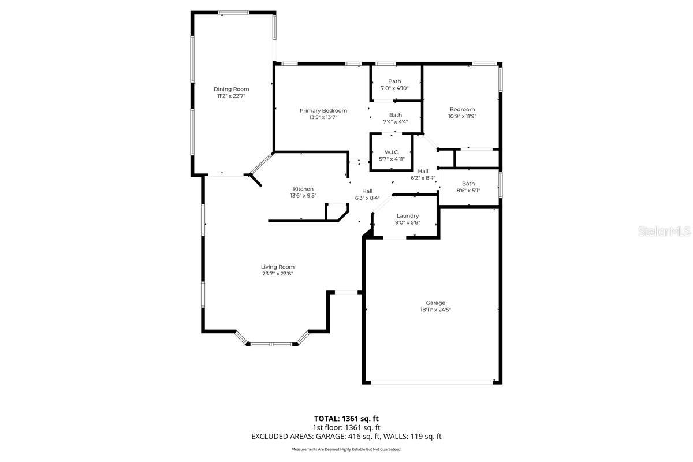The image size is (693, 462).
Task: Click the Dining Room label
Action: pyautogui.click(x=231, y=89)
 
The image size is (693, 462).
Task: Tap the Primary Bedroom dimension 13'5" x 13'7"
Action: pyautogui.click(x=323, y=117)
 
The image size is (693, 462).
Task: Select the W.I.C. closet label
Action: pyautogui.click(x=392, y=152)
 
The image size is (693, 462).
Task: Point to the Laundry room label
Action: pyautogui.click(x=407, y=216)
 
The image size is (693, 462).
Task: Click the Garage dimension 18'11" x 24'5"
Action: pyautogui.click(x=435, y=310)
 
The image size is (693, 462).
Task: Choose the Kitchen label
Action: pyautogui.click(x=303, y=189)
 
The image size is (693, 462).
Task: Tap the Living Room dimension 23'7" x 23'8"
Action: pyautogui.click(x=278, y=274)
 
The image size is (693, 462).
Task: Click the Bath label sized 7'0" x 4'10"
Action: pyautogui.click(x=394, y=81)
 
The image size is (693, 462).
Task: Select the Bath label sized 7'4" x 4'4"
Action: pyautogui.click(x=395, y=115)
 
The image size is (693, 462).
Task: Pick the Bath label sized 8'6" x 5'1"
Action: pyautogui.click(x=468, y=184)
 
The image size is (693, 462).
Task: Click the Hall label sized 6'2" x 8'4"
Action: pyautogui.click(x=423, y=171)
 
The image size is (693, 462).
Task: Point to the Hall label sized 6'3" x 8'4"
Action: pyautogui.click(x=367, y=191)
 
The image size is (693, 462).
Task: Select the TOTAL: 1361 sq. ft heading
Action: pyautogui.click(x=346, y=418)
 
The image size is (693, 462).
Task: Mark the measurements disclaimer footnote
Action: pyautogui.click(x=346, y=449)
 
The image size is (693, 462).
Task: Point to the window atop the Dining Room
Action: pyautogui.click(x=233, y=12)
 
